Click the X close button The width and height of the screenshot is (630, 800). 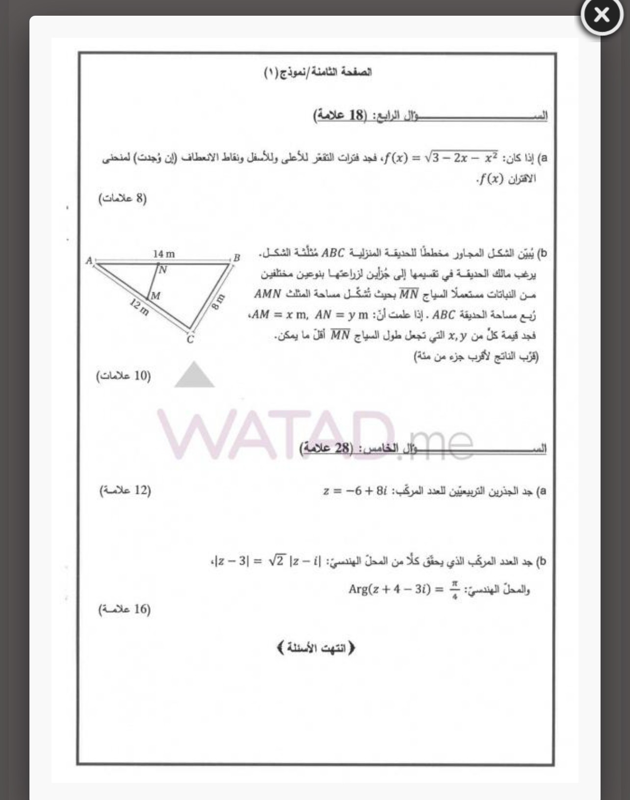click(x=602, y=16)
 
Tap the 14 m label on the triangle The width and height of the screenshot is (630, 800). click(x=163, y=254)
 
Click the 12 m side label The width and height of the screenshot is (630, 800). click(x=139, y=307)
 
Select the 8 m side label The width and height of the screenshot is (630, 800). click(x=218, y=301)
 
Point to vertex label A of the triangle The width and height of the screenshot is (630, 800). click(x=89, y=261)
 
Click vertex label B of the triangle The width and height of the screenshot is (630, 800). click(x=236, y=258)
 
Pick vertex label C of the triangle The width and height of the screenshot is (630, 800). click(x=190, y=339)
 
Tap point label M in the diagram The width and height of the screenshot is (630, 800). click(x=155, y=295)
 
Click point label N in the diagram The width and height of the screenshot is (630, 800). click(x=162, y=269)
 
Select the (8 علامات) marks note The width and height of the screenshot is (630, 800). click(x=123, y=199)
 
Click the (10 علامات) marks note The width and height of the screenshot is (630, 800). click(x=124, y=376)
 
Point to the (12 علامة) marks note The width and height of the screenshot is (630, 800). click(x=125, y=490)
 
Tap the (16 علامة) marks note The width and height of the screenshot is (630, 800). click(x=125, y=609)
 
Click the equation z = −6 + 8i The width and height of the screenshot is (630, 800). click(x=356, y=491)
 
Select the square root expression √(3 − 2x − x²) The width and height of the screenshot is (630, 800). click(x=462, y=158)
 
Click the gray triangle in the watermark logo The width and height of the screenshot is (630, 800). click(x=194, y=375)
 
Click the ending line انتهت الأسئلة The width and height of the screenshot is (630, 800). click(x=315, y=648)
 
